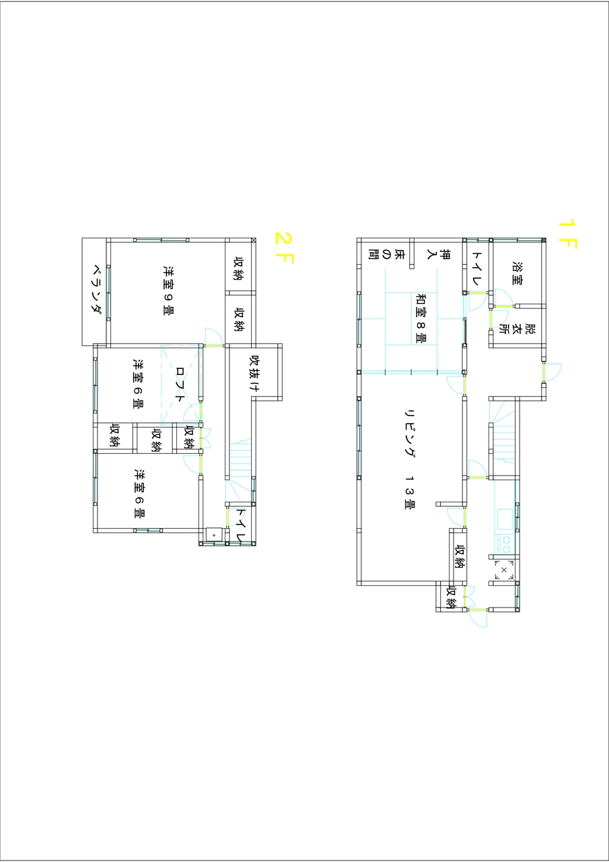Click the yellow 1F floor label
(x=568, y=234)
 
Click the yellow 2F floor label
(x=284, y=247)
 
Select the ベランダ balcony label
(x=98, y=290)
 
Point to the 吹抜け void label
(x=254, y=373)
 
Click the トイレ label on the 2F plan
(x=241, y=526)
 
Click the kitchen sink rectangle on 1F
(x=505, y=519)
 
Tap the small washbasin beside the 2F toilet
(x=214, y=535)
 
